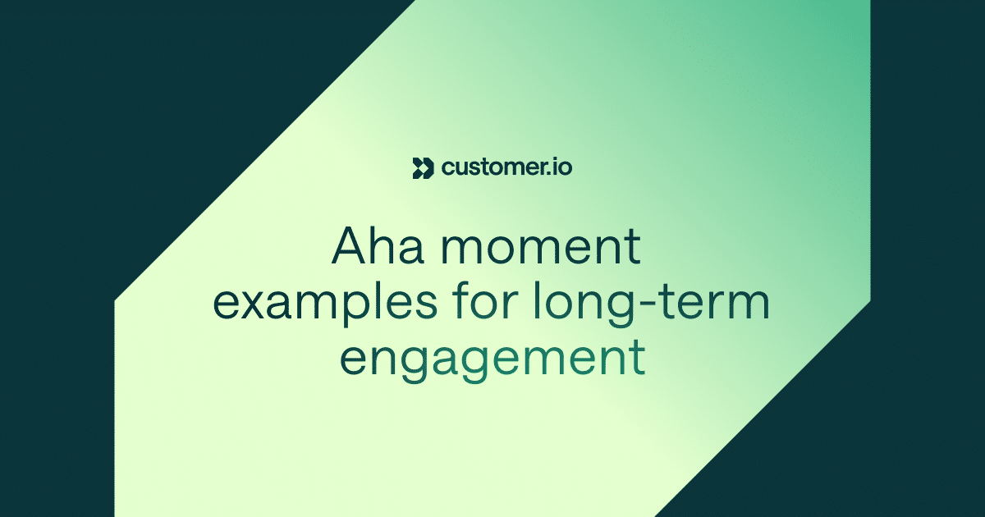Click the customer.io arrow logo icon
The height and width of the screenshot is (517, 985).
[x=422, y=167]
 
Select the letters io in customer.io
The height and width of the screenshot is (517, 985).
[x=562, y=167]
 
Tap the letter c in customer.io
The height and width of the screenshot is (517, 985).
[x=447, y=169]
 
